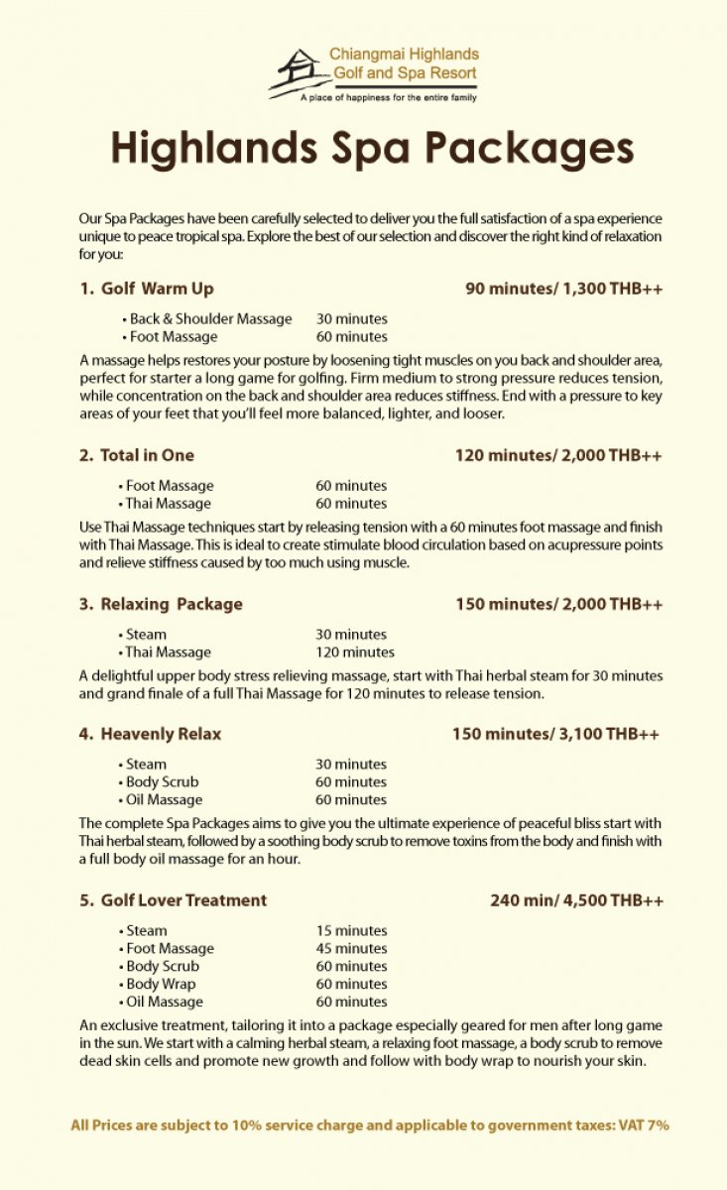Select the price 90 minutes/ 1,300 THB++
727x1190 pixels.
click(563, 290)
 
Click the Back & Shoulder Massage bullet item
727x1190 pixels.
click(210, 319)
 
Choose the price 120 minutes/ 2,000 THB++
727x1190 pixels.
click(558, 456)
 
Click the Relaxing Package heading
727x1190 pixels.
click(161, 604)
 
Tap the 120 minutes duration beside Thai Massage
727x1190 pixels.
click(355, 653)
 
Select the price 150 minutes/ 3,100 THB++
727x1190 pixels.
click(555, 735)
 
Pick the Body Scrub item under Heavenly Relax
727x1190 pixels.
click(162, 782)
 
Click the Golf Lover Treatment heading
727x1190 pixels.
click(174, 900)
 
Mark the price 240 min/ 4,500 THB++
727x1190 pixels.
click(576, 900)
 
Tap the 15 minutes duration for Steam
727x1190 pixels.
click(351, 931)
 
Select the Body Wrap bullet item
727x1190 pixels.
click(161, 985)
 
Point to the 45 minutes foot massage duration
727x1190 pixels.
click(351, 949)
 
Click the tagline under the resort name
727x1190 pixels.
click(389, 98)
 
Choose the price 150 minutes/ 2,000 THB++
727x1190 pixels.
click(558, 604)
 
